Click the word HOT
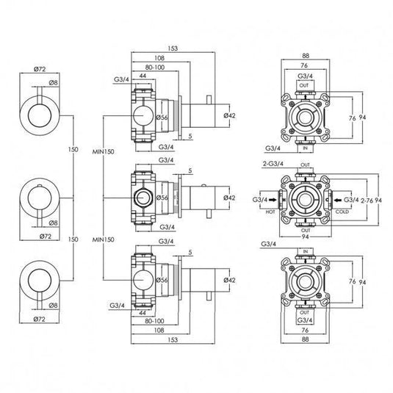pos(271,209)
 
